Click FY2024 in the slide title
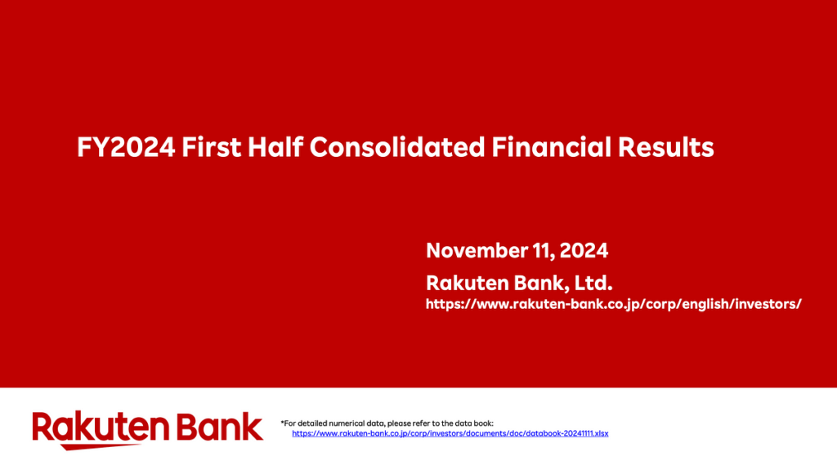coord(126,147)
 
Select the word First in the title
coord(212,147)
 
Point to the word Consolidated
coord(397,147)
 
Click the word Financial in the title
coord(551,147)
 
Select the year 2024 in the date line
coord(584,250)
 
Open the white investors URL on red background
coord(613,304)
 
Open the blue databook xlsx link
coord(450,434)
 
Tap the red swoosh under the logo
coord(101,446)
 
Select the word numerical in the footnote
coord(347,423)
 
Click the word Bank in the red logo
coord(220,427)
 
